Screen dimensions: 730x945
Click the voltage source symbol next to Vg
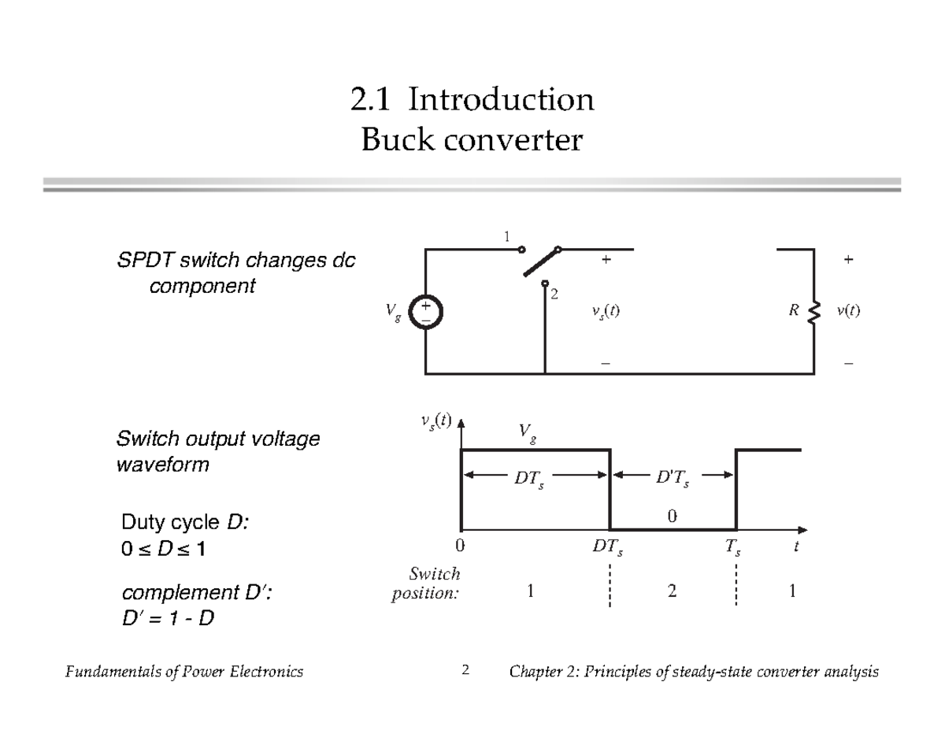pyautogui.click(x=426, y=311)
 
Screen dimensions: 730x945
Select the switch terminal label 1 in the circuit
pyautogui.click(x=508, y=236)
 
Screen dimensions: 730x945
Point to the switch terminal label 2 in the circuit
pyautogui.click(x=554, y=294)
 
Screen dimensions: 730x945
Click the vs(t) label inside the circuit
pyautogui.click(x=606, y=311)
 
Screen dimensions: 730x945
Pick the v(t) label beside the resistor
pyautogui.click(x=848, y=311)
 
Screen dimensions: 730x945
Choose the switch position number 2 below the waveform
pyautogui.click(x=671, y=592)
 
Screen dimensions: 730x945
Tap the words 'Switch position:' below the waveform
pyautogui.click(x=426, y=584)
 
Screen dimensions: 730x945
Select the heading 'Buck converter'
pyautogui.click(x=472, y=142)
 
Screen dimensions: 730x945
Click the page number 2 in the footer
pyautogui.click(x=465, y=671)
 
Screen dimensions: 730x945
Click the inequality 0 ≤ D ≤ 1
pyautogui.click(x=161, y=549)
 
